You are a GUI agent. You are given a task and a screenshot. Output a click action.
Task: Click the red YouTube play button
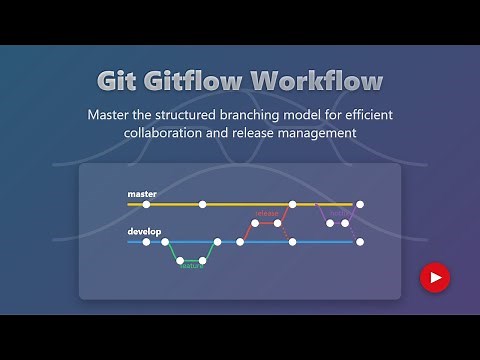point(435,277)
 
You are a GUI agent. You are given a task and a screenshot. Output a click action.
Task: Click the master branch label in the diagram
point(142,193)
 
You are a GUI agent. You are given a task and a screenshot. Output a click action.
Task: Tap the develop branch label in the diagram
point(144,232)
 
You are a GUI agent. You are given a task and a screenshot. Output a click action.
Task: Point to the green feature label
point(192,266)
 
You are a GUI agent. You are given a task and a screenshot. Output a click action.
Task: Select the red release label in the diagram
point(266,213)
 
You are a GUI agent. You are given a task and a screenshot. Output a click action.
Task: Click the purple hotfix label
point(339,213)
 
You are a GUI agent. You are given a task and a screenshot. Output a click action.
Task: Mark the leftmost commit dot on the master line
point(147,204)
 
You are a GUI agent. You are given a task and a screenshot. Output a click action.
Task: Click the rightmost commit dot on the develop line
point(360,241)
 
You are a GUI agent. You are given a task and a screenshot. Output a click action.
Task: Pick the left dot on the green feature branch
point(181,261)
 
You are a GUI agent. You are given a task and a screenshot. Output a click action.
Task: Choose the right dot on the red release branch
point(277,223)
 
